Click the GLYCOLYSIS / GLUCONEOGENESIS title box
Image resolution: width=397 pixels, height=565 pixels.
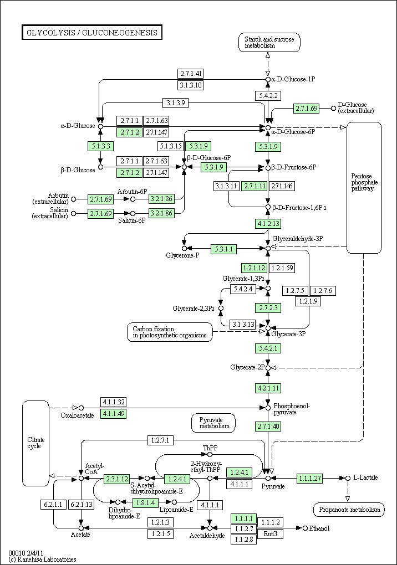pos(92,33)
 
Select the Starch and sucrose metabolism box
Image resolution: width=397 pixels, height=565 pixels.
pos(269,42)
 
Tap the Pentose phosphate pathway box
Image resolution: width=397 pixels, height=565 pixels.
pos(364,187)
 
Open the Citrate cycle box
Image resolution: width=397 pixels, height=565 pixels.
pos(35,443)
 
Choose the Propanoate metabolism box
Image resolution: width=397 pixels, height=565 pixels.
pos(349,510)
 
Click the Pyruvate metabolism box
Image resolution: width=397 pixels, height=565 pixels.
pos(213,423)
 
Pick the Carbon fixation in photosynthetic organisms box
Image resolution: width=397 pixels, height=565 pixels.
pos(170,332)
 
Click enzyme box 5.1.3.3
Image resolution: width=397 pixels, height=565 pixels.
pos(100,146)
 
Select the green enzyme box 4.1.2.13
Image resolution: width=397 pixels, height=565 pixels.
pos(268,224)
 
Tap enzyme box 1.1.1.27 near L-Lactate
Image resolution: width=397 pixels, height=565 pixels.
pos(309,479)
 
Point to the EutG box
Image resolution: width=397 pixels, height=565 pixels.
pos(270,533)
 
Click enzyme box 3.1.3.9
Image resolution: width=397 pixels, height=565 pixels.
pos(175,102)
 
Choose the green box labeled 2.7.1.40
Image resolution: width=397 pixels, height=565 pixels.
pos(268,427)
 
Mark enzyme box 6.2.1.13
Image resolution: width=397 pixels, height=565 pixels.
pos(81,505)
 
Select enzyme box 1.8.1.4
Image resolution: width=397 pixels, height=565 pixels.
pos(146,502)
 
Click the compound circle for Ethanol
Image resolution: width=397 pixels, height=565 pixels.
pos(305,528)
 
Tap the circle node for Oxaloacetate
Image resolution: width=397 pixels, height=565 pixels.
pos(81,408)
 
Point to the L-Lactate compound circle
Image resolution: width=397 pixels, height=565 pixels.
pos(348,478)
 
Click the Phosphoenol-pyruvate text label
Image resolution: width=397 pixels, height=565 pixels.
pos(291,409)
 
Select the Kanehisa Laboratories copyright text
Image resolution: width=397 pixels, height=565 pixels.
pos(42,559)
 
